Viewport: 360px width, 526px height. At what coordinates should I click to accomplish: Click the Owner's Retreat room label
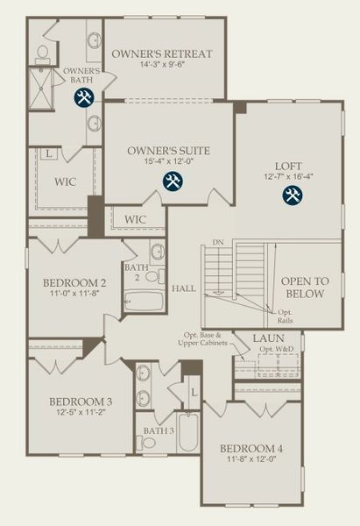[x=162, y=53]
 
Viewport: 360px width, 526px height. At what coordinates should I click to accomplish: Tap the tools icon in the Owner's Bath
[x=83, y=97]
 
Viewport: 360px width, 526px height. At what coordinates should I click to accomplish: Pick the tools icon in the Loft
[x=292, y=195]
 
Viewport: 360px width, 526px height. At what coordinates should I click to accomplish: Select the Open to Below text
[x=305, y=287]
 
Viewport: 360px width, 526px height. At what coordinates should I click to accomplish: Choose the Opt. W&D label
[x=277, y=350]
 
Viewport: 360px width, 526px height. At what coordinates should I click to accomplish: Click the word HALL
[x=184, y=288]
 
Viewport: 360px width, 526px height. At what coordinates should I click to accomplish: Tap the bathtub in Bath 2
[x=144, y=301]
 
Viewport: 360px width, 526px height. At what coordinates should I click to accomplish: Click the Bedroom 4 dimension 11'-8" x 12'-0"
[x=251, y=459]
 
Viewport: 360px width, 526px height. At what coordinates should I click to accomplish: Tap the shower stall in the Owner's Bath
[x=41, y=88]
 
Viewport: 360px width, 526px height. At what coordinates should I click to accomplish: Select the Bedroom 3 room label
[x=80, y=402]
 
